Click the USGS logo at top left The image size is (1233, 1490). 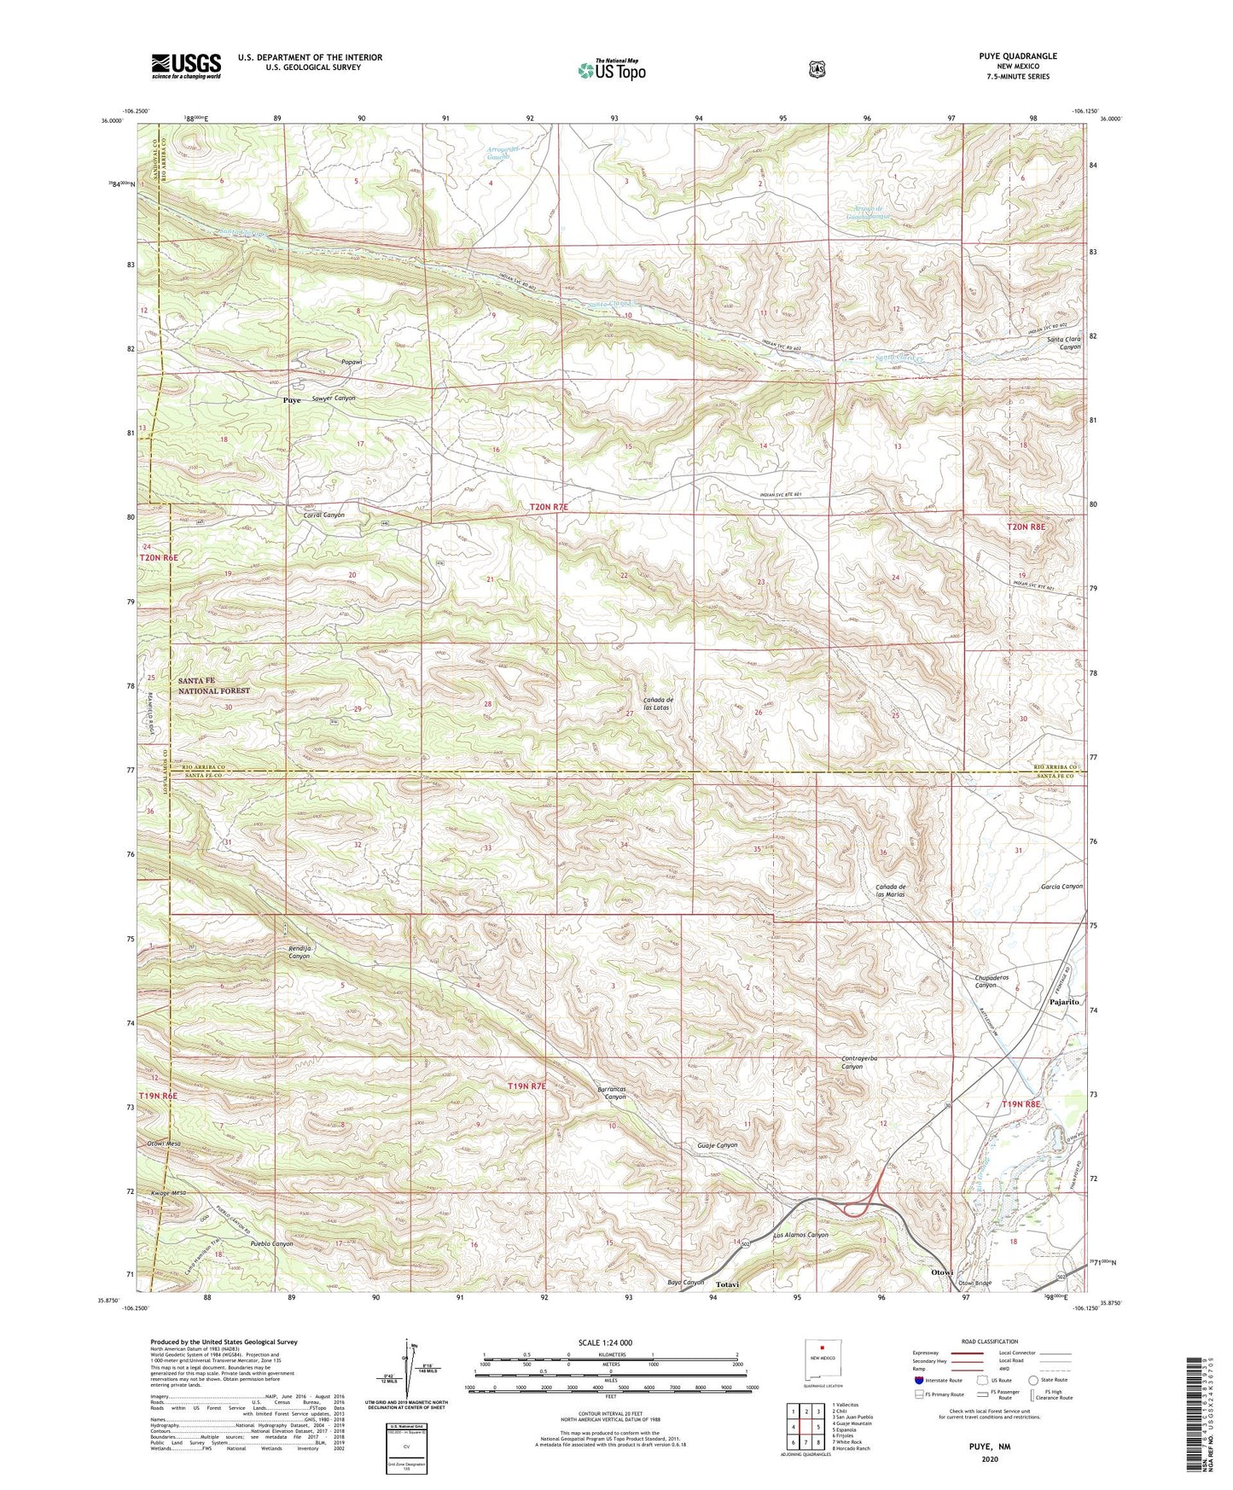tap(186, 66)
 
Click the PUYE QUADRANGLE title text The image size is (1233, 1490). tap(1017, 56)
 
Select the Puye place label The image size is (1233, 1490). tap(292, 399)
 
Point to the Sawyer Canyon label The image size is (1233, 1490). tap(334, 399)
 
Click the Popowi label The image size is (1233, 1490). tap(352, 362)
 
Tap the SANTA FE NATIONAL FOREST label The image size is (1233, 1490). tap(214, 685)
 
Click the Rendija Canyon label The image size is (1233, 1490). tap(299, 952)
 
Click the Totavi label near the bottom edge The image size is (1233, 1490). tap(726, 1283)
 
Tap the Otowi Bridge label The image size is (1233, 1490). tap(974, 1283)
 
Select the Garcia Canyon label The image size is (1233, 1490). tap(1061, 886)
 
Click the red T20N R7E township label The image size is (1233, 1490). tap(548, 507)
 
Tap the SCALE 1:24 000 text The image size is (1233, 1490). tap(605, 1342)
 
